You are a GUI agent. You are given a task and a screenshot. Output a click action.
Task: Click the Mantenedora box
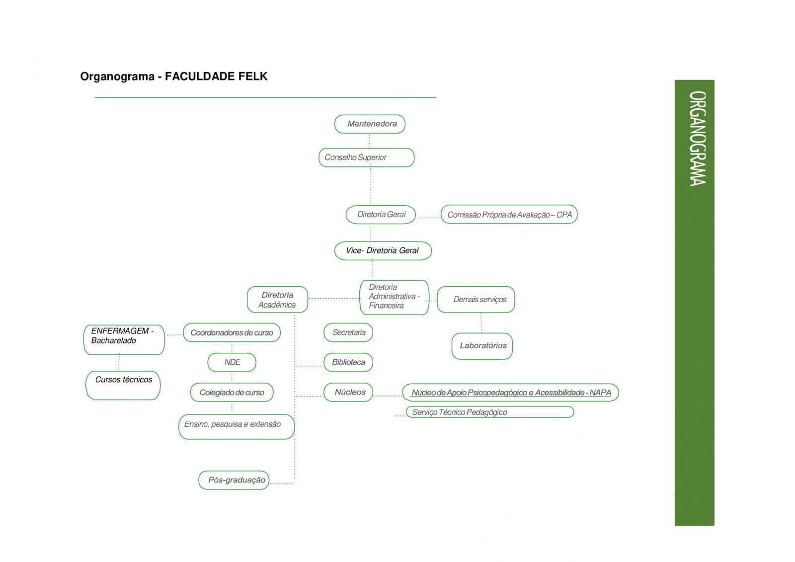[370, 124]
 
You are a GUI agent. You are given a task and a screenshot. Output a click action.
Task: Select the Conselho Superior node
[366, 158]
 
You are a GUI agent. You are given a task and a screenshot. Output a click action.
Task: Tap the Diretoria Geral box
[381, 215]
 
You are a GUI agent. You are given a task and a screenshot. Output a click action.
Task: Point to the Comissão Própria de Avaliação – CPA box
[509, 215]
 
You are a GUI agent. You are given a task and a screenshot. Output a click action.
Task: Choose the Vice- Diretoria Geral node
[383, 250]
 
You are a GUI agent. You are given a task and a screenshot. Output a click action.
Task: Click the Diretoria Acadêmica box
[278, 300]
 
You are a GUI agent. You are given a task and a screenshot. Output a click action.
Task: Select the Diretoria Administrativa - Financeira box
[395, 298]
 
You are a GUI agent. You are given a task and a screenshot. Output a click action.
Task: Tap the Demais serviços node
[476, 300]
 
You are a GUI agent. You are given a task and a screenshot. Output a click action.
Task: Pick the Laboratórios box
[482, 346]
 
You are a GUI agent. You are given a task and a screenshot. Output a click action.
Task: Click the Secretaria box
[348, 332]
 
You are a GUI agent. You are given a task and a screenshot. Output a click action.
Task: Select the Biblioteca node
[348, 362]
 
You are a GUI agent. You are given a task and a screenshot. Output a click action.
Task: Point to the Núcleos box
[348, 392]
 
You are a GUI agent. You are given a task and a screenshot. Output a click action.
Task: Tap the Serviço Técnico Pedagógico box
[490, 412]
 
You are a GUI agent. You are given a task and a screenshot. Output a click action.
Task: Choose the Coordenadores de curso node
[232, 332]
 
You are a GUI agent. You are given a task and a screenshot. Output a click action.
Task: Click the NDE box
[232, 362]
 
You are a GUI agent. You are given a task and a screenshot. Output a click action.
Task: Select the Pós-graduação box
[234, 481]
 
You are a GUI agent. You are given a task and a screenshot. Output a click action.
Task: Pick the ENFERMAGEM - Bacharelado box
[124, 340]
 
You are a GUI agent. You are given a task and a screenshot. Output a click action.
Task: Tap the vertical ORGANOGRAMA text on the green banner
[698, 139]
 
